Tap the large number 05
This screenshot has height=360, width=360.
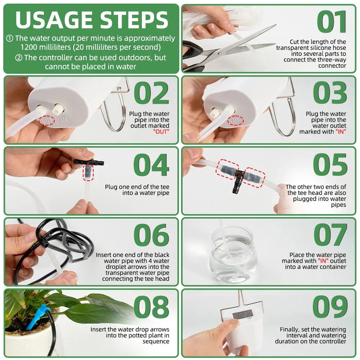coord(330,165)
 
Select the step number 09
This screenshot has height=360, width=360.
coord(330,307)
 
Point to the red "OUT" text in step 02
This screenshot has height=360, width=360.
coord(161,132)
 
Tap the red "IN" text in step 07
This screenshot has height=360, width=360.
coord(322,261)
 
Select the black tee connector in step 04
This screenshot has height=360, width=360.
coord(89,163)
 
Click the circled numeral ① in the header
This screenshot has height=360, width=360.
coord(10,38)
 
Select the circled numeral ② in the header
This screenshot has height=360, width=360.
coord(18,58)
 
